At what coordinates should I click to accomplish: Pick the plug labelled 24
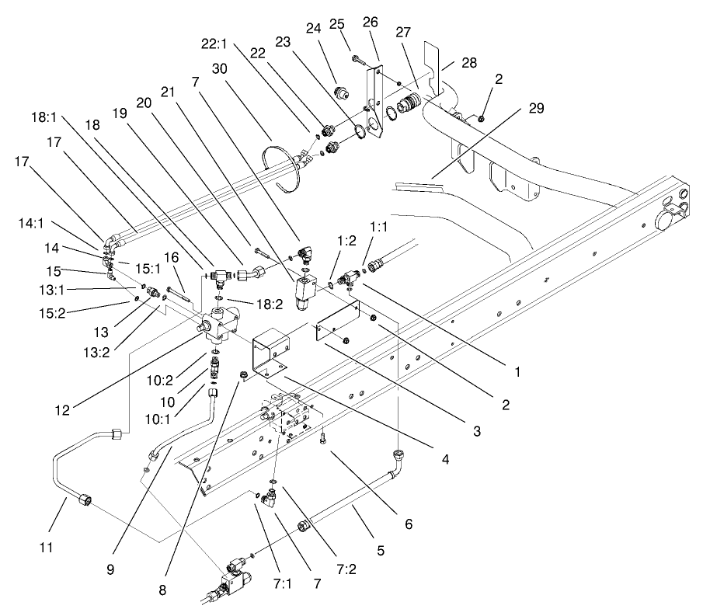click(339, 95)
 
